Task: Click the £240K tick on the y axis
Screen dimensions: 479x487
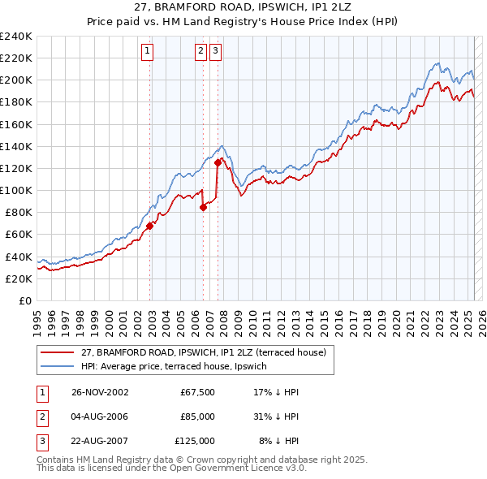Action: [16, 36]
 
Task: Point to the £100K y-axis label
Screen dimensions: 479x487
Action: [16, 190]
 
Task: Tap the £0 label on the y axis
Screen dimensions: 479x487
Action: [24, 300]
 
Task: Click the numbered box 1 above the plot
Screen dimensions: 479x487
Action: [148, 50]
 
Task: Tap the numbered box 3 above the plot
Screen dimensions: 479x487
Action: [215, 50]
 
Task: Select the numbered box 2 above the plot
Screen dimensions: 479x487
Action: [200, 50]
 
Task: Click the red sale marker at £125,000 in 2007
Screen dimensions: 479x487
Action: [218, 162]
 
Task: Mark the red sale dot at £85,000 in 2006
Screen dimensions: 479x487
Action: [203, 207]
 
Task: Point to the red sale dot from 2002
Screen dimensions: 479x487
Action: [150, 226]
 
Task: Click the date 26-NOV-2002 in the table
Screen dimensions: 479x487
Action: [100, 391]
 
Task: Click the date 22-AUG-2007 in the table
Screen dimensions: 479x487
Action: [100, 441]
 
